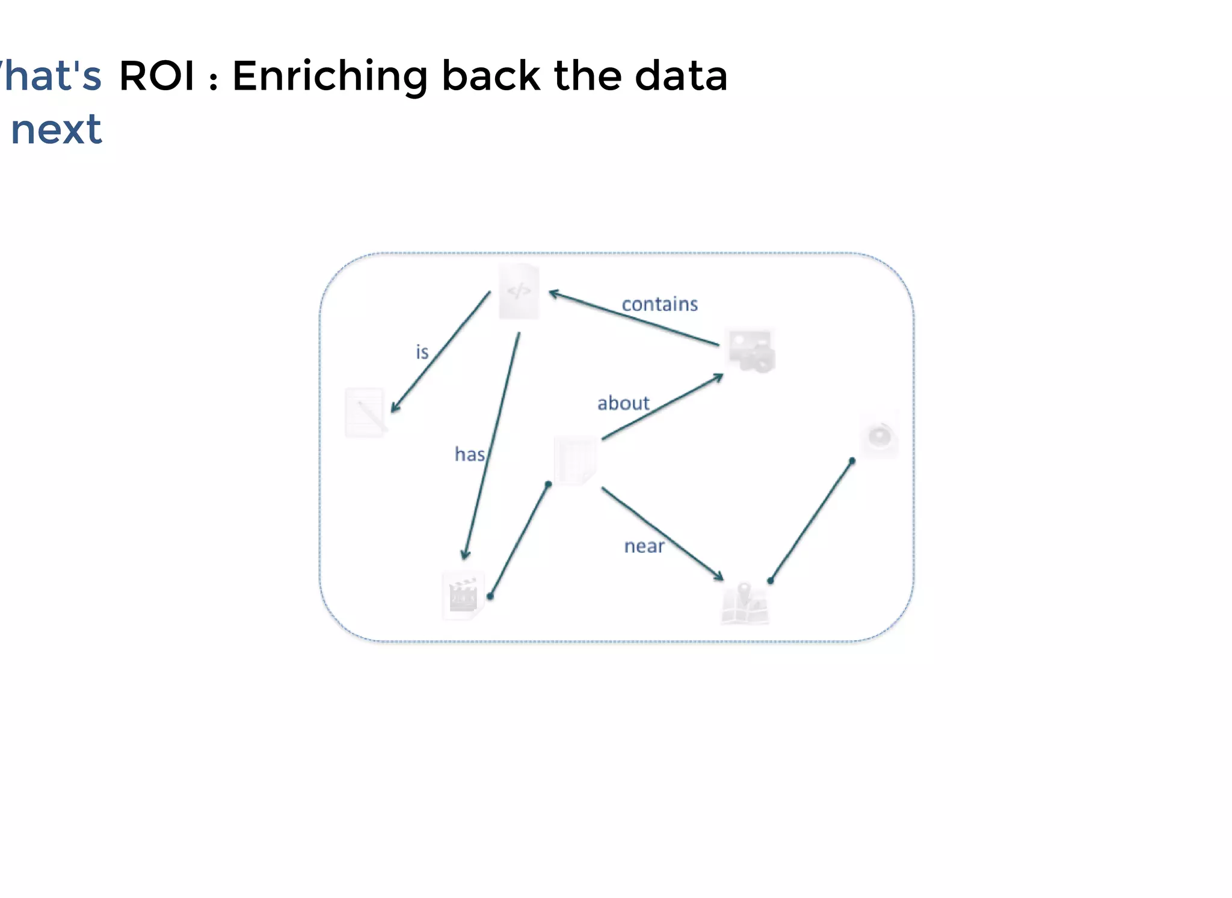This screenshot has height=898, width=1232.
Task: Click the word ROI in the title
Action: tap(157, 76)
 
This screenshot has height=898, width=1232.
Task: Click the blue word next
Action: tap(57, 130)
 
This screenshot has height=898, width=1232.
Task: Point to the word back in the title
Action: tap(491, 76)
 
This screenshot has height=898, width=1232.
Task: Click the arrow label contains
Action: tap(659, 304)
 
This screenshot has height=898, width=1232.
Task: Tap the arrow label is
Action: tap(422, 352)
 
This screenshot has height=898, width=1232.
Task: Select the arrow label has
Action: tap(470, 454)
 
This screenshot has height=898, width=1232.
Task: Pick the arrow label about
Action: tap(623, 403)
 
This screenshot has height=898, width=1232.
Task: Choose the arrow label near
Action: tap(644, 546)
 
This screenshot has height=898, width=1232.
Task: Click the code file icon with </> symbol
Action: tap(519, 292)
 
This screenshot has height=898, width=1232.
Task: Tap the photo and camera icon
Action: tap(751, 350)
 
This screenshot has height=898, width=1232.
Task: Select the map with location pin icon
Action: tap(745, 603)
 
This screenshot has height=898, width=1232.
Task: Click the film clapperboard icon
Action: tap(463, 595)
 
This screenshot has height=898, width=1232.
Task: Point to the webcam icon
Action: tap(879, 435)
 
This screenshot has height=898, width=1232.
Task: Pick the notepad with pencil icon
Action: tap(366, 412)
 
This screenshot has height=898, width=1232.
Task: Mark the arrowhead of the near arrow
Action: tap(719, 576)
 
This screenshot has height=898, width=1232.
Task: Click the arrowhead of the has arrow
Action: tap(465, 554)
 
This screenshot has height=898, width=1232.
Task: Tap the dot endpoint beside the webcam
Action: tap(852, 461)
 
